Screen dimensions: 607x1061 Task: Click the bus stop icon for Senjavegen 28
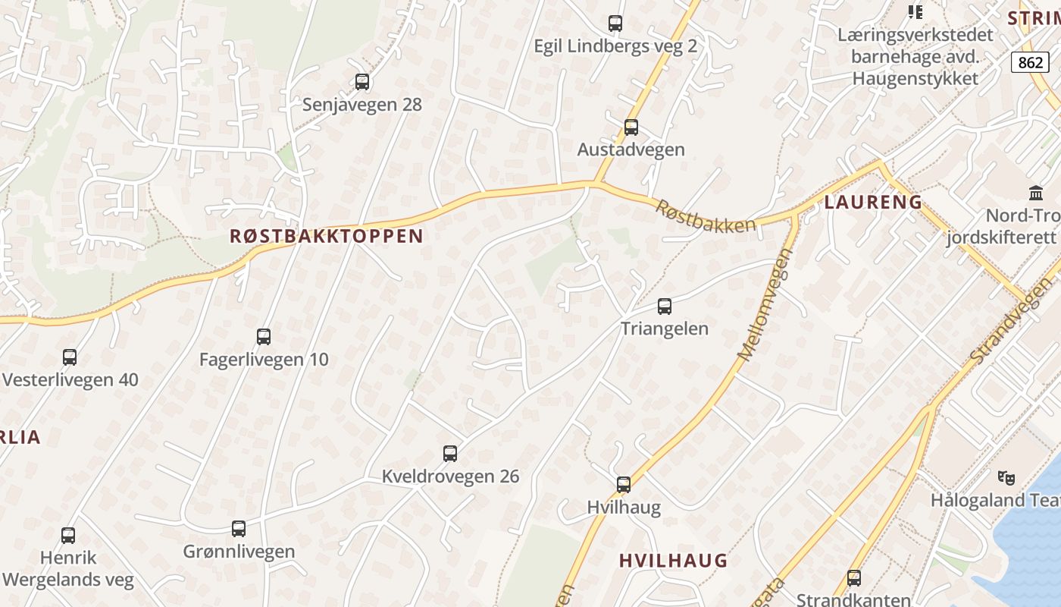[x=362, y=82]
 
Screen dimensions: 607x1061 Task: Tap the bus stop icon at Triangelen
[x=665, y=307]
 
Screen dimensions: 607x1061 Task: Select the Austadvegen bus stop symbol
[x=631, y=127]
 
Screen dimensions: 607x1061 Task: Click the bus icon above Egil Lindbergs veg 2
[x=615, y=24]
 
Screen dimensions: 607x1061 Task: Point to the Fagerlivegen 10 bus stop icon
[x=264, y=336]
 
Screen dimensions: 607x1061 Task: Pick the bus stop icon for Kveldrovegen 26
[x=450, y=454]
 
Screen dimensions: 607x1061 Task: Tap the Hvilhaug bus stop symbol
[x=624, y=484]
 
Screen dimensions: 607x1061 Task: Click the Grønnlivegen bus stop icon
[x=239, y=529]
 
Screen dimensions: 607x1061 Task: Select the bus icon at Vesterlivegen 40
[x=70, y=357]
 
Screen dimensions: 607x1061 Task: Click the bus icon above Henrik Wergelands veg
[x=68, y=536]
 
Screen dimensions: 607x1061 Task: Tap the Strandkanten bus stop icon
[x=854, y=577]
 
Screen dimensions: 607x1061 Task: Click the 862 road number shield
[x=1031, y=62]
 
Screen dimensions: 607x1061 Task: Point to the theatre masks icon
[x=1006, y=477]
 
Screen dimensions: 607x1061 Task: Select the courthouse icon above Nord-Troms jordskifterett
[x=1035, y=193]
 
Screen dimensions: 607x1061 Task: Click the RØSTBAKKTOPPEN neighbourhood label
[x=327, y=236]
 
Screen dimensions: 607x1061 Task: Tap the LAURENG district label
[x=873, y=203]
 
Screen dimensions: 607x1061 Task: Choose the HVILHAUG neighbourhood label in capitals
[x=673, y=561]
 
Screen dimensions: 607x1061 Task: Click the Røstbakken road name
[x=706, y=215]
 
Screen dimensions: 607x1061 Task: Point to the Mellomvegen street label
[x=765, y=304]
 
